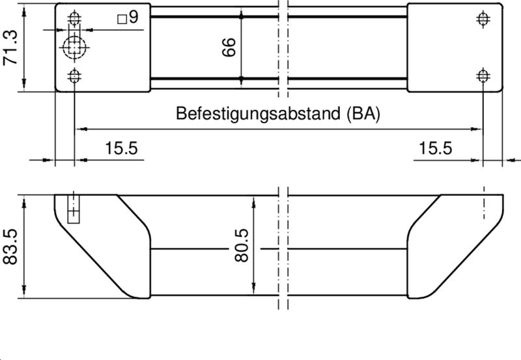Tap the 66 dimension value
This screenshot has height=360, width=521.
pos(229,49)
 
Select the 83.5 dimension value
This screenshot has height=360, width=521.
pos(10,246)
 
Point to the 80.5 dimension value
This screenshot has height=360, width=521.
pos(242,245)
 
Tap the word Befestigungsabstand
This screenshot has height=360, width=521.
pos(259,114)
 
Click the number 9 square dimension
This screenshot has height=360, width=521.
pos(134,18)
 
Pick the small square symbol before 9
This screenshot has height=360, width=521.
pos(122,20)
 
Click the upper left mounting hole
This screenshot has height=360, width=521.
pos(75,18)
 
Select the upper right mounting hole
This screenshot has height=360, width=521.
pos(483,18)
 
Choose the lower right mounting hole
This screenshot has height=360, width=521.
pos(483,76)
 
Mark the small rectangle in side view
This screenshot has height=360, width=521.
pos(74,211)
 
